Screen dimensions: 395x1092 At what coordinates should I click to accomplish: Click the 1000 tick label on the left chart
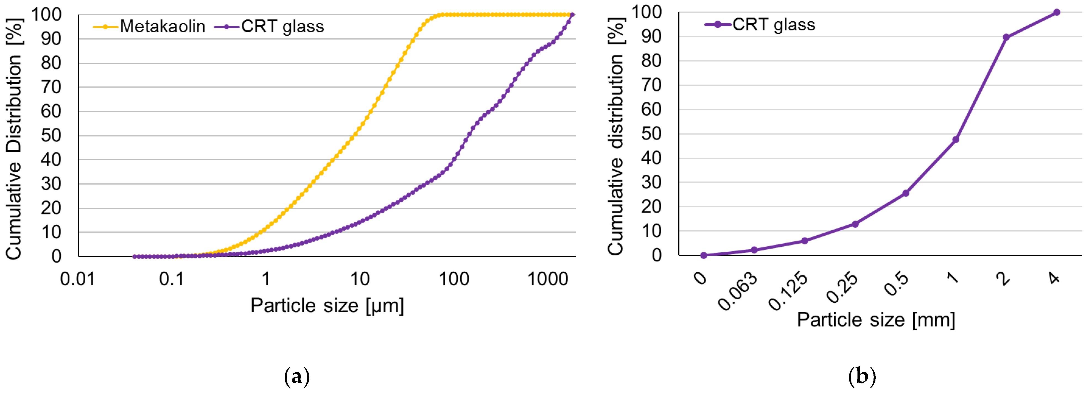pyautogui.click(x=547, y=279)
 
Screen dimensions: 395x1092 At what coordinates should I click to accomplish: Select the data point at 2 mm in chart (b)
pyautogui.click(x=1006, y=37)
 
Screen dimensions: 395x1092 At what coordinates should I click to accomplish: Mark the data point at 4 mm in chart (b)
pyautogui.click(x=1056, y=12)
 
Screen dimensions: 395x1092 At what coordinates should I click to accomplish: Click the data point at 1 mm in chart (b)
pyautogui.click(x=955, y=139)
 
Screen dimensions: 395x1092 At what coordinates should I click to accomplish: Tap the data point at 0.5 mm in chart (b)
pyautogui.click(x=905, y=193)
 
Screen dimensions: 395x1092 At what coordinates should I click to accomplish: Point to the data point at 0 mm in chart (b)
pyautogui.click(x=704, y=255)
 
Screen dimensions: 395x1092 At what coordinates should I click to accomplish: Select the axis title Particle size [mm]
pyautogui.click(x=876, y=320)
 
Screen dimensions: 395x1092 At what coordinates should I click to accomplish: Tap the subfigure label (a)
pyautogui.click(x=297, y=376)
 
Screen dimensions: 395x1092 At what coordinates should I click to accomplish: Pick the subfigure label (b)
pyautogui.click(x=862, y=376)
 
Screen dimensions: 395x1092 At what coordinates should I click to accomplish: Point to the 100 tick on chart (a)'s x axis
pyautogui.click(x=454, y=279)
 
